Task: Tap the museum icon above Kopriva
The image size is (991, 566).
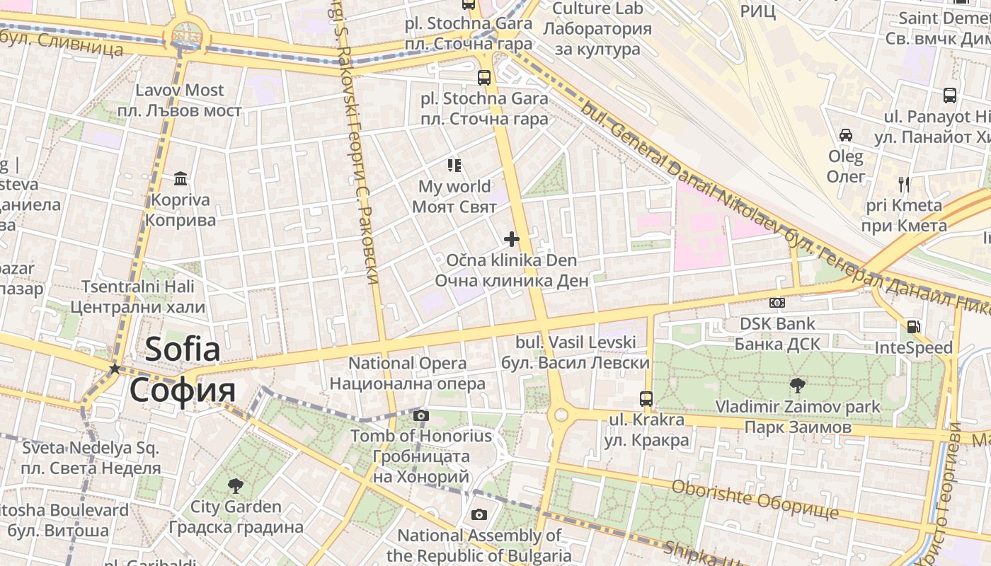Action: click(x=181, y=178)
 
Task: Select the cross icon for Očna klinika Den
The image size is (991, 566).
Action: click(x=511, y=239)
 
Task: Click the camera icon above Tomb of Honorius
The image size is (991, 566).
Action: click(x=420, y=415)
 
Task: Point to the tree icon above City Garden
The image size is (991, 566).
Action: click(x=235, y=486)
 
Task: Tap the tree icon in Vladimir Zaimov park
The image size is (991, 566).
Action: click(x=797, y=386)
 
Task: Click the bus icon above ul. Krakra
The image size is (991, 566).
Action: click(x=646, y=398)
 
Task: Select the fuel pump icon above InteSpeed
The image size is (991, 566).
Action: click(x=913, y=327)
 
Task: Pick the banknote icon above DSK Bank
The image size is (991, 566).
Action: click(x=777, y=303)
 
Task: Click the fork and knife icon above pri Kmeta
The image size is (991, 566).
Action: click(x=903, y=185)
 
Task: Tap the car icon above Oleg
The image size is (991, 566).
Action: click(x=845, y=134)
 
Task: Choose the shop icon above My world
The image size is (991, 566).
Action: click(x=454, y=166)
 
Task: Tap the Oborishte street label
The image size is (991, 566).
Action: click(x=755, y=498)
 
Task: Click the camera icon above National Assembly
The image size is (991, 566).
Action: click(x=479, y=514)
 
